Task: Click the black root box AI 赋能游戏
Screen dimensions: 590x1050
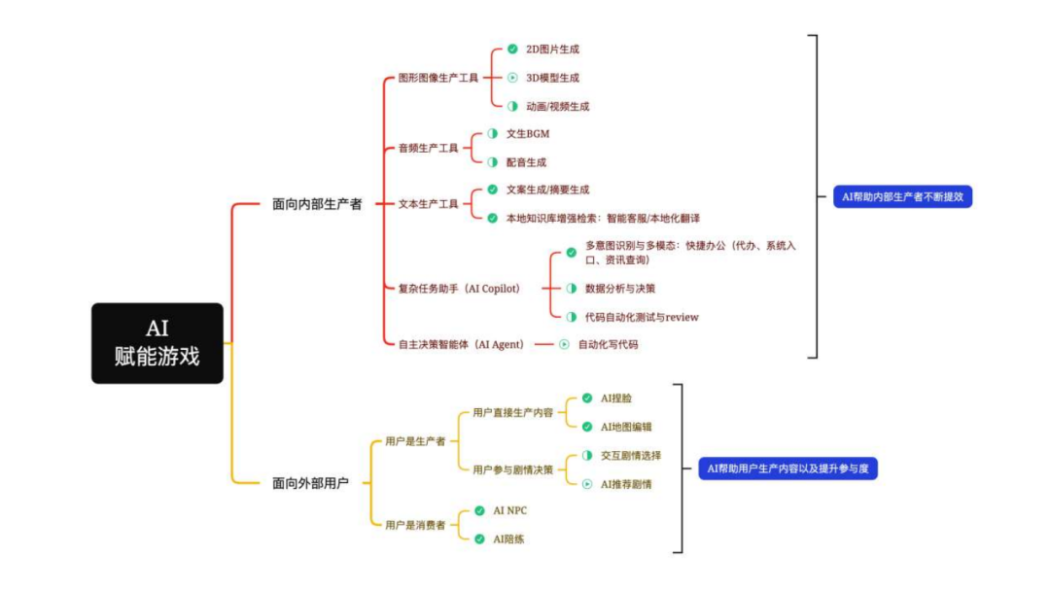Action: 157,343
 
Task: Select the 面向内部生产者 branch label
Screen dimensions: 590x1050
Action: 317,205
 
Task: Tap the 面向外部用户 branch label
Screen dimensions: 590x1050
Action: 310,482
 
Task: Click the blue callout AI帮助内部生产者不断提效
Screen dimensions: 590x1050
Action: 903,196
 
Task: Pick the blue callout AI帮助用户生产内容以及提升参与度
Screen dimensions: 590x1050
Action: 787,469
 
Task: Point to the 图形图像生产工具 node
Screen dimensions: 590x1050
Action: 438,78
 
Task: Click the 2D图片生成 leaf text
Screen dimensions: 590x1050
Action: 552,49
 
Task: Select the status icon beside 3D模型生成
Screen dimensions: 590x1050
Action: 512,78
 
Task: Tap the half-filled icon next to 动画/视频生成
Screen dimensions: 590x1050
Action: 512,106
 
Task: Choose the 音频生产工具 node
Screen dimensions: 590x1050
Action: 428,149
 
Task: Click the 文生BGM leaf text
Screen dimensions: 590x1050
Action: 528,134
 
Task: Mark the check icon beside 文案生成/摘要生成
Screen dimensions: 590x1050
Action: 492,190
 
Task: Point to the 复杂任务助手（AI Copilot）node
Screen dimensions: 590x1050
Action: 459,289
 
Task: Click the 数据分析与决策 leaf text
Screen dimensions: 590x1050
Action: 619,289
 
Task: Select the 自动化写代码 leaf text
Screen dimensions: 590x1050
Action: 609,344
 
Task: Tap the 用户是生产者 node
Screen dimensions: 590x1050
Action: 415,441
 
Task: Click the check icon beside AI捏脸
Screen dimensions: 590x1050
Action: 586,399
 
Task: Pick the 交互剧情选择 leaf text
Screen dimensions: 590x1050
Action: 631,455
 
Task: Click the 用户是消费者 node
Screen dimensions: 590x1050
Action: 415,525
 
